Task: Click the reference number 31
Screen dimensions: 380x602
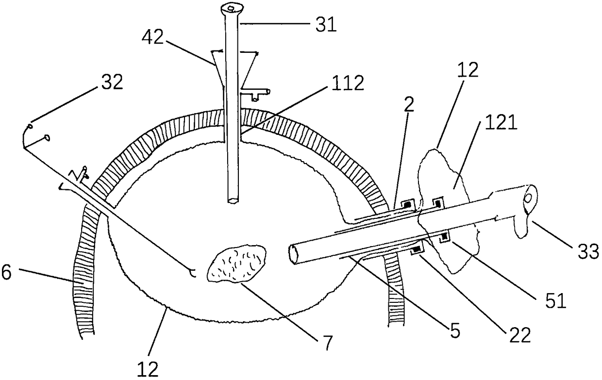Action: tap(325, 24)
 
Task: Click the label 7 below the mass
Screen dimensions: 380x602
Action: tap(327, 343)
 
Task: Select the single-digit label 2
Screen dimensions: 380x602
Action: tap(409, 108)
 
